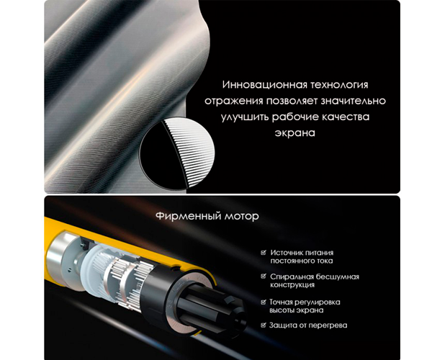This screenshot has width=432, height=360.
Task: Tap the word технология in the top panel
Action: pos(339,84)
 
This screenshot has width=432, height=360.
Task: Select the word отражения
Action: pos(233,101)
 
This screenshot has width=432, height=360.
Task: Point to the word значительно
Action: pos(354,101)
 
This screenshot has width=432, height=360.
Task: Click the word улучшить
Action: pos(245,117)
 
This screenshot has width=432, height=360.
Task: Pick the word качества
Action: pos(345,117)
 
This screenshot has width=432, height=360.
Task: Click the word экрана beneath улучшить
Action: pos(294,133)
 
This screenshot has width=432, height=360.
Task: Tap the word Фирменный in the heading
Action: pos(189,216)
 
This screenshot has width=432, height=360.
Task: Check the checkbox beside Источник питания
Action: pos(264,252)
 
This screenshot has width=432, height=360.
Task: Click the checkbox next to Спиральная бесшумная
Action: pos(264,276)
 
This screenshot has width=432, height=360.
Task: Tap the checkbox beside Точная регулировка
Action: pos(264,302)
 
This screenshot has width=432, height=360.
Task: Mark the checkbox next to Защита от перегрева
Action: pos(264,325)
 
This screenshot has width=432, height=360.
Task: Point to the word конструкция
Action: pos(292,285)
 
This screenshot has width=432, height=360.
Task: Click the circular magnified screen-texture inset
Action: pos(177,153)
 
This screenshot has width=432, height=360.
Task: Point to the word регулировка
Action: pos(318,302)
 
